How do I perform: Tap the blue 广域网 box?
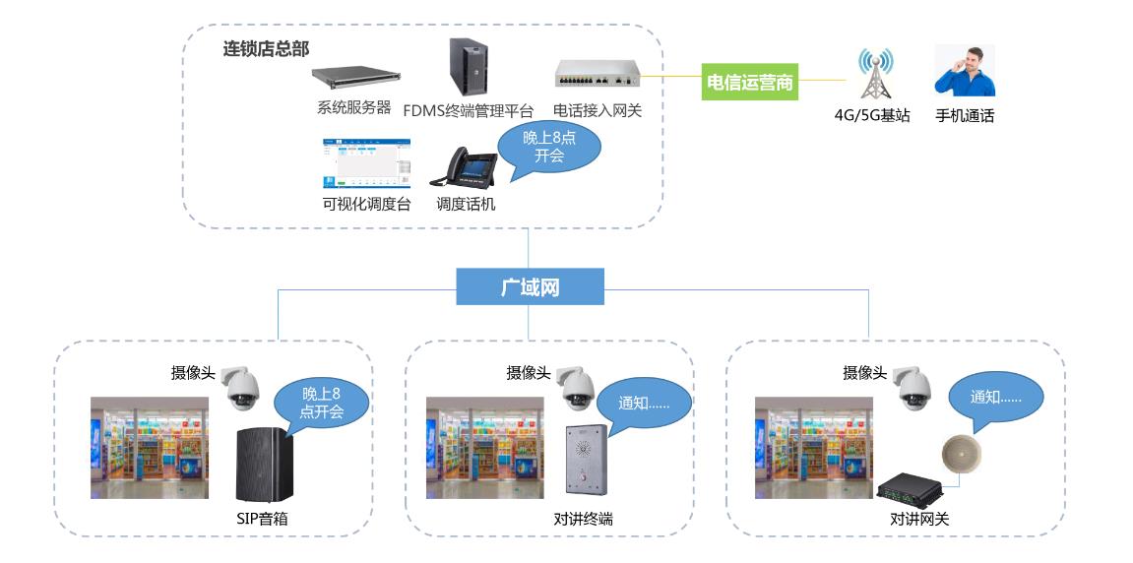530,287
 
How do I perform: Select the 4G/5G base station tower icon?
875,73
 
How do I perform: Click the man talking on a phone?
965,72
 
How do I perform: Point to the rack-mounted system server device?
356,78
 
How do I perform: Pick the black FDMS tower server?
469,67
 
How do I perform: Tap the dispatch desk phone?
464,167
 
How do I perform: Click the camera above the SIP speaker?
241,388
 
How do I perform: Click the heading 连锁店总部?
266,49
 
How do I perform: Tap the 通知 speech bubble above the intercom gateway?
996,400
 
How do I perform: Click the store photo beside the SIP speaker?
150,448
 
